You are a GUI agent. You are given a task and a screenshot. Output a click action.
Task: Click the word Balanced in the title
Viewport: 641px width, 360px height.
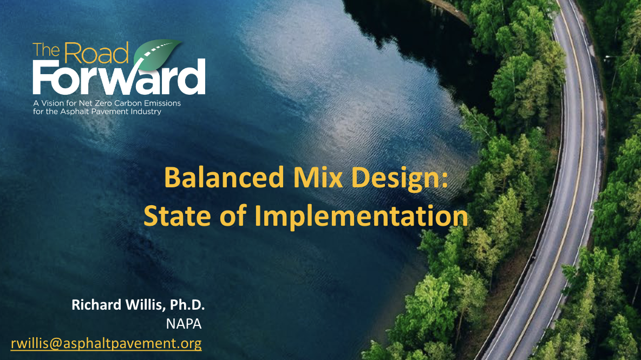pos(224,178)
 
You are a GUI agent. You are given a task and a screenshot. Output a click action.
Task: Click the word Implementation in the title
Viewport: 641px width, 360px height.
pos(361,217)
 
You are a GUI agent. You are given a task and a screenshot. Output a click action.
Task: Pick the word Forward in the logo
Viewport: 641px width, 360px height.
pos(119,77)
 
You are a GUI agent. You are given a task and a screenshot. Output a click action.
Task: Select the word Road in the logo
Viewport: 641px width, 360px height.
pos(96,53)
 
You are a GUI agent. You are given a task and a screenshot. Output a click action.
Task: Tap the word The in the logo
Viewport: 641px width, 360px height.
pos(47,50)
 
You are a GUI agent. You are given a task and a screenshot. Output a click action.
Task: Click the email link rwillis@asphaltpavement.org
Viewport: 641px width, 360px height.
pos(106,343)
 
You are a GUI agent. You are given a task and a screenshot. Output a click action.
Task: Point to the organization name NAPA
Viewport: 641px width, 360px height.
pos(184,324)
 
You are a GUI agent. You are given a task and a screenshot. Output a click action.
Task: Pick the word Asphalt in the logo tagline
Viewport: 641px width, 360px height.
pos(73,112)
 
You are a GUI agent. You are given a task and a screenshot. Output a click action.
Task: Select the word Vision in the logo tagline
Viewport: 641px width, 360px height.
pos(53,103)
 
